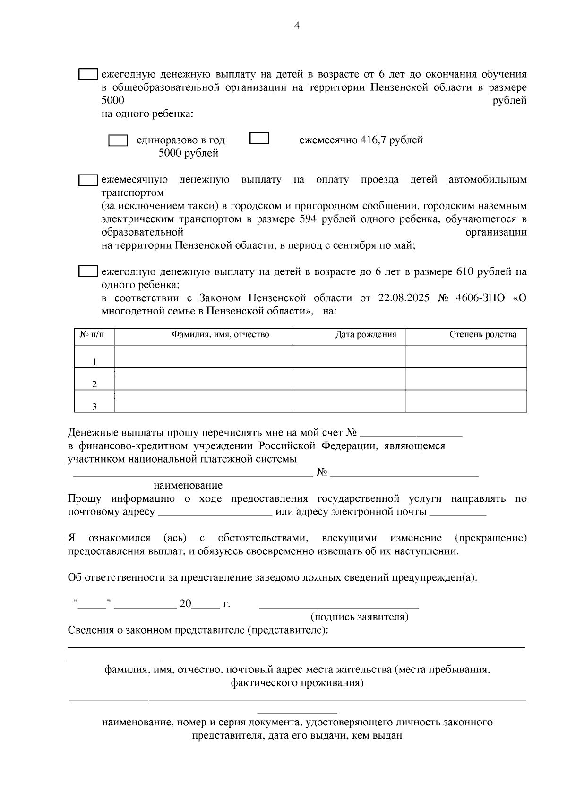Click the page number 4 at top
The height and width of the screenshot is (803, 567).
click(297, 26)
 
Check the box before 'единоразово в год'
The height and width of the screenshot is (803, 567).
click(118, 140)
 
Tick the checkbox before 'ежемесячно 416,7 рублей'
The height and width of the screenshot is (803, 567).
click(259, 138)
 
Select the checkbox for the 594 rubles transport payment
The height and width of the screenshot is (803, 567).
click(88, 180)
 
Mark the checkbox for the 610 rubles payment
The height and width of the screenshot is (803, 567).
click(88, 271)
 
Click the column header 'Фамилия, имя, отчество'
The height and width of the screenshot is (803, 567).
click(220, 335)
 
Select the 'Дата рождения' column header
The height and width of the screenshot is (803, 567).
click(366, 335)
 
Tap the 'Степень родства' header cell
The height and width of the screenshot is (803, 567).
click(482, 335)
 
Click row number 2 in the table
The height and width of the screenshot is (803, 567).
click(94, 384)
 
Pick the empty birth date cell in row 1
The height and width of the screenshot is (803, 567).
click(348, 356)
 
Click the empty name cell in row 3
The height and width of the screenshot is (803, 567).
click(203, 401)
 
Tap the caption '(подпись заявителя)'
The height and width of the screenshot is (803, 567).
click(359, 617)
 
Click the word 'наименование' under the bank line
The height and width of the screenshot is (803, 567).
click(188, 485)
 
